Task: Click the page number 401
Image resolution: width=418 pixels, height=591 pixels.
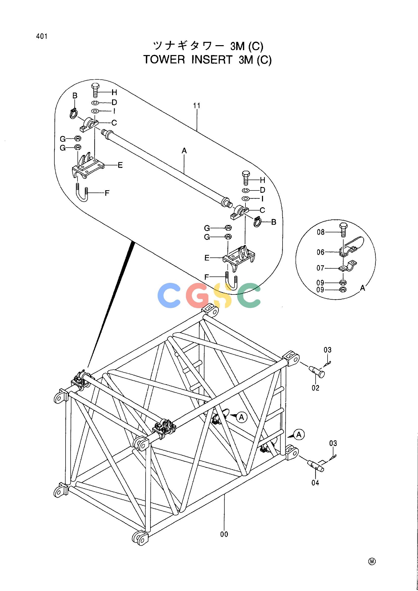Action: [x=42, y=37]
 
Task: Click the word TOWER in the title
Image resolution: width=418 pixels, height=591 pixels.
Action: [x=164, y=60]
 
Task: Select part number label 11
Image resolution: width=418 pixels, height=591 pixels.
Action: [x=197, y=106]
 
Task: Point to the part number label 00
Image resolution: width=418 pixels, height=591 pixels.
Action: [x=224, y=534]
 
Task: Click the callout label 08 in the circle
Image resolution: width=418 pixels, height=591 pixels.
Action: [x=321, y=232]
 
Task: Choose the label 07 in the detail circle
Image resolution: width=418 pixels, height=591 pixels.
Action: [x=320, y=268]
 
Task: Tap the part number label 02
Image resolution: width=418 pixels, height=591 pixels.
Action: [x=315, y=388]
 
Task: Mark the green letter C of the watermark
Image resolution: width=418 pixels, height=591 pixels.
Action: [x=248, y=295]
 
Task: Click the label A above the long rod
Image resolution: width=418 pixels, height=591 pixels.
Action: [x=184, y=151]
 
